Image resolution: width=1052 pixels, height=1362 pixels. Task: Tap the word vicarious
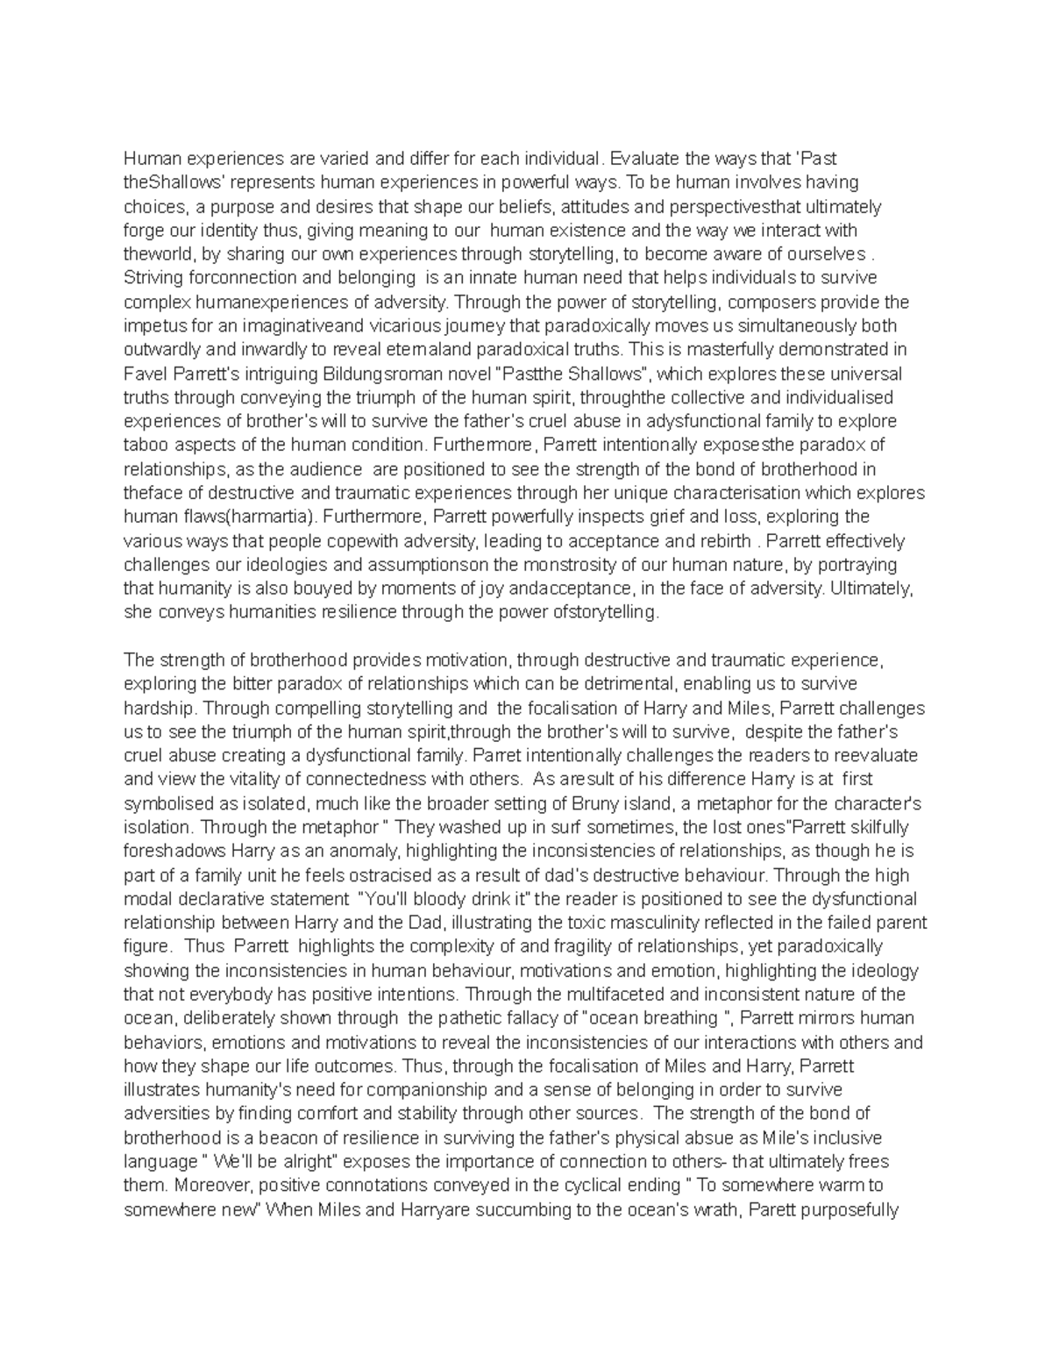click(394, 326)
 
